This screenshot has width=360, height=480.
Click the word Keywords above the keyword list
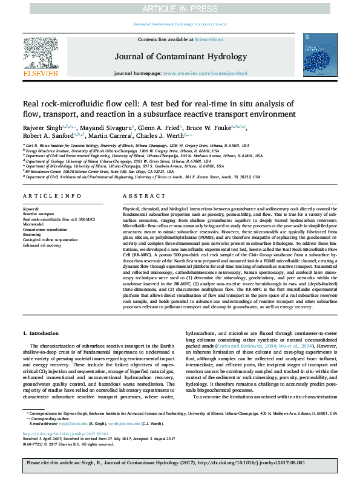tap(31, 209)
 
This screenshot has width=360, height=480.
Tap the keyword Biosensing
tap(33, 234)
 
